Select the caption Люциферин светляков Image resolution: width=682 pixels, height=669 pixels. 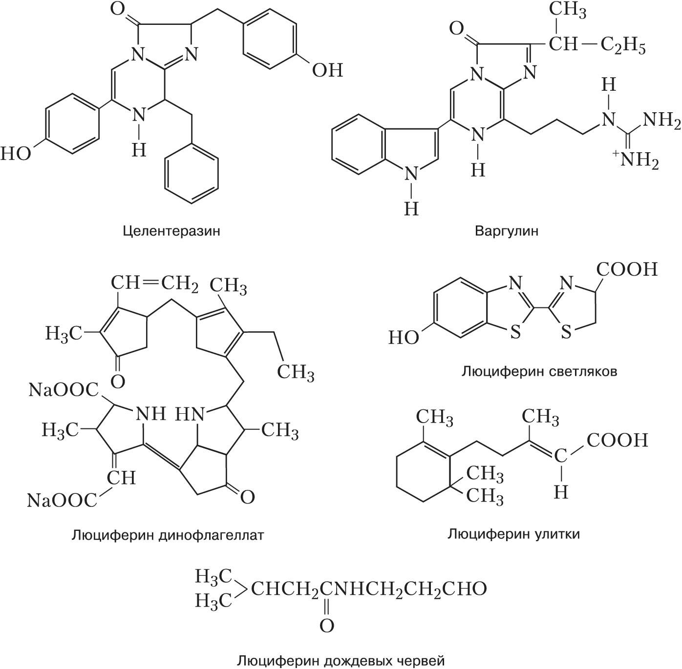pos(539,372)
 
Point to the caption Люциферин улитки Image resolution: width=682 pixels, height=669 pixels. pos(514,534)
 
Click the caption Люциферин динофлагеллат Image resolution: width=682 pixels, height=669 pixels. pos(168,535)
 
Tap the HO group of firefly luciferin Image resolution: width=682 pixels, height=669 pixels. pos(404,337)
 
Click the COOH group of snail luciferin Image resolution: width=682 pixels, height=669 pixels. pos(617,440)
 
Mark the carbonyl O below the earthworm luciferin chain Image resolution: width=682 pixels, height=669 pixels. pos(327,626)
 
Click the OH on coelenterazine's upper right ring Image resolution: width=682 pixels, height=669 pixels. pos(328,71)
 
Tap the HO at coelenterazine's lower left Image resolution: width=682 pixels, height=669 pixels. pos(15,154)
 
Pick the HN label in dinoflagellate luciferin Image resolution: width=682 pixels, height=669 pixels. pos(189,415)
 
